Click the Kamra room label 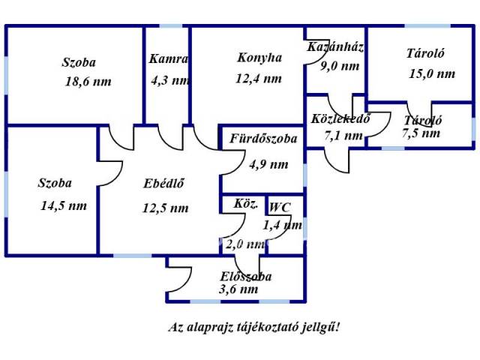[x=168, y=59]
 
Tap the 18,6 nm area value [x=88, y=82]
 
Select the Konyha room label [x=259, y=58]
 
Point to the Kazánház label [x=335, y=47]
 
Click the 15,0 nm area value [x=432, y=73]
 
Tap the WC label [x=280, y=207]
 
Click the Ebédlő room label [x=164, y=182]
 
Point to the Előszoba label [x=246, y=276]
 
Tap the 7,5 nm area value [x=421, y=133]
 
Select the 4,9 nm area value [x=268, y=163]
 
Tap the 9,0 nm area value [x=340, y=66]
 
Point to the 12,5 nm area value [x=165, y=208]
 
